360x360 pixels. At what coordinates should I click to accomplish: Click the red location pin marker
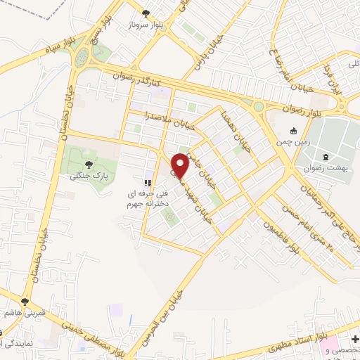tap(181, 166)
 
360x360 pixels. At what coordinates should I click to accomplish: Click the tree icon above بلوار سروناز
tap(145, 13)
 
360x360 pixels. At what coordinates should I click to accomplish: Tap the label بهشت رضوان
tap(324, 168)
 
